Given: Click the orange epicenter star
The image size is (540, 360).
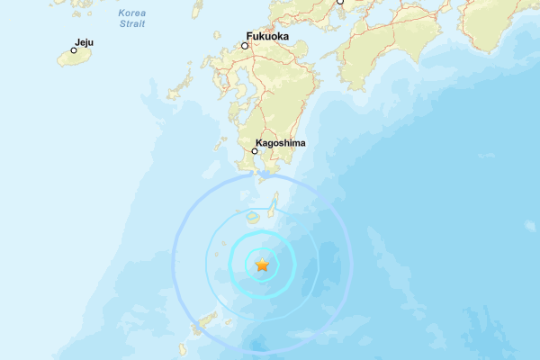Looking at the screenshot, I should click(x=262, y=265).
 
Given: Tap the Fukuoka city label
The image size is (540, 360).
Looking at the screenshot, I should click(x=266, y=36).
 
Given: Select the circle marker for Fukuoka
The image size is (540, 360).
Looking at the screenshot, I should click(x=244, y=45).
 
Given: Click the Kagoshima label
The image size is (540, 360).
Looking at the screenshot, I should click(x=281, y=142).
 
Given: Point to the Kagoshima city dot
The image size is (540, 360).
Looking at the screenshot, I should click(x=255, y=151).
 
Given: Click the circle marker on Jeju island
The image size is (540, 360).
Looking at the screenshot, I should click(x=74, y=50).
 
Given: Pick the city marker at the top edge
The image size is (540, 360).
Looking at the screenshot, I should click(x=340, y=2).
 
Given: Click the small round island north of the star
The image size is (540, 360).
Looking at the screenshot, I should click(x=254, y=216).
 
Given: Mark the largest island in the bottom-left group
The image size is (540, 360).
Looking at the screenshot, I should click(x=208, y=319).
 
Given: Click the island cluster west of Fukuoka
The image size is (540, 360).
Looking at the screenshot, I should click(x=180, y=85).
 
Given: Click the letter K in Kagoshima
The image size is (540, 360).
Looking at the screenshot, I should click(x=258, y=142).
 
